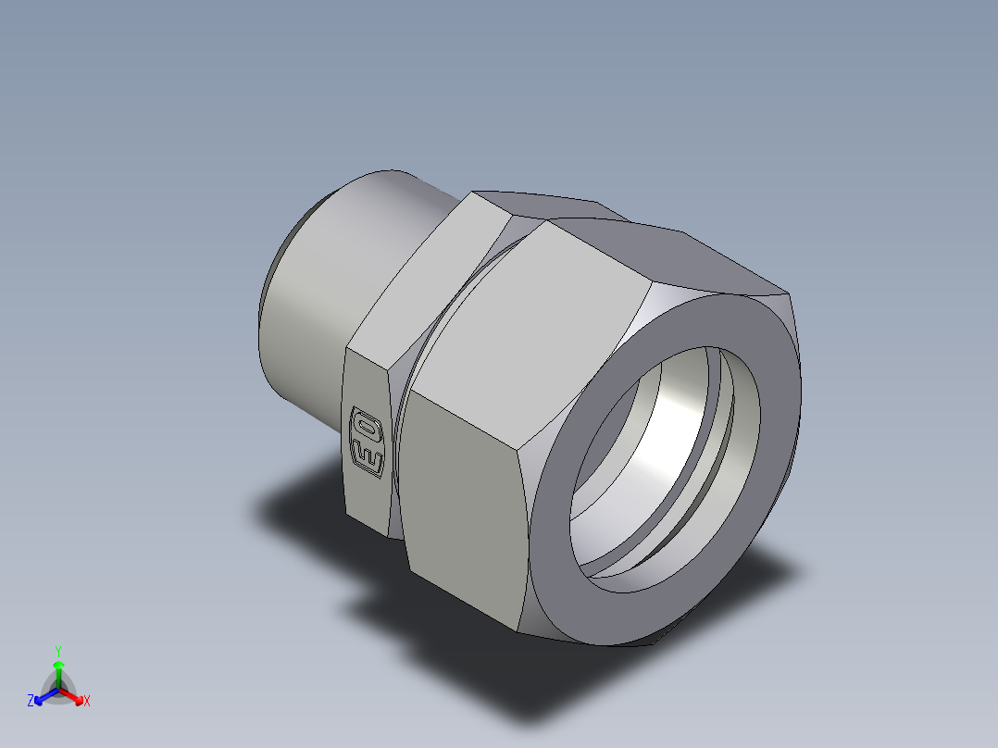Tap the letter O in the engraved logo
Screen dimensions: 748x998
pyautogui.click(x=366, y=427)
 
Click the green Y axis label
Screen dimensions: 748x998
pyautogui.click(x=58, y=650)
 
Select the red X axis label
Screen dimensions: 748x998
pyautogui.click(x=87, y=702)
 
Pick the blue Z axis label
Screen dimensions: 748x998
pyautogui.click(x=31, y=702)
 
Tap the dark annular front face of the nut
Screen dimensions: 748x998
pyautogui.click(x=555, y=555)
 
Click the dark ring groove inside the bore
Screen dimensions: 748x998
pyautogui.click(x=717, y=444)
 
